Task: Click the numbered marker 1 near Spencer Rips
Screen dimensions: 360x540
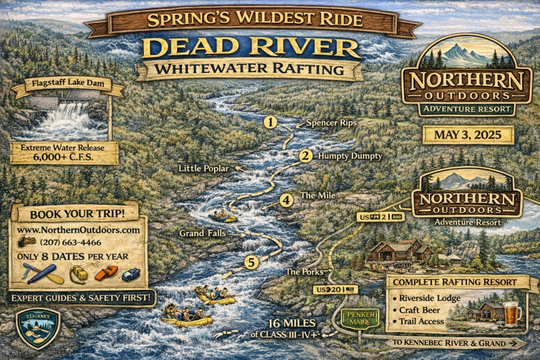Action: click(271, 123)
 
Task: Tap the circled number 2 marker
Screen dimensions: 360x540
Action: click(305, 155)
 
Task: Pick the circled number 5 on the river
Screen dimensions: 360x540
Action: click(252, 262)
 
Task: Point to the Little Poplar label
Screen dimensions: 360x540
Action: click(204, 169)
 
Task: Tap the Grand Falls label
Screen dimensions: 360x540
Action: click(204, 232)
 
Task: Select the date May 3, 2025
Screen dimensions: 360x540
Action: click(468, 135)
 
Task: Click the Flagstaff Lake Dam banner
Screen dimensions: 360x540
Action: click(67, 83)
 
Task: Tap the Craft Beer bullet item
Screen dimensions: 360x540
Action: click(420, 310)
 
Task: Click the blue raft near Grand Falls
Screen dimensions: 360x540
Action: click(223, 216)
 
